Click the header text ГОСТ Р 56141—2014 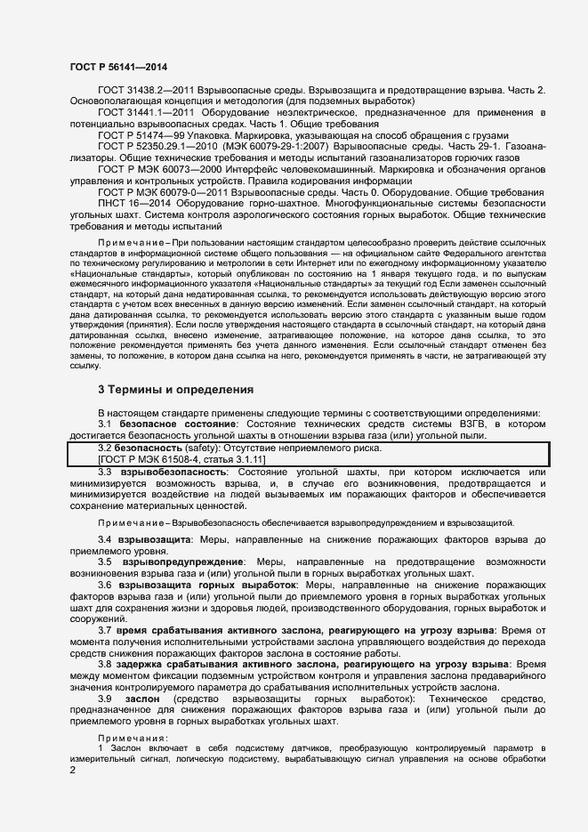pos(118,67)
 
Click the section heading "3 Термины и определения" pos(176,389)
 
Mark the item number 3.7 pos(105,630)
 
